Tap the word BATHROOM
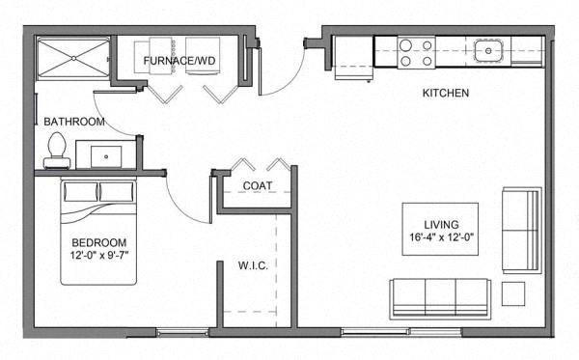[74, 122]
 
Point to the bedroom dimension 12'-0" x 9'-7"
[98, 256]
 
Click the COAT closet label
[256, 185]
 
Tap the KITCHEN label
[445, 94]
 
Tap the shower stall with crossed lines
[71, 60]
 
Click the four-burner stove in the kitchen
[416, 51]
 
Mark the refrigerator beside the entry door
[352, 58]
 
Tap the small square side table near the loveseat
[513, 291]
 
